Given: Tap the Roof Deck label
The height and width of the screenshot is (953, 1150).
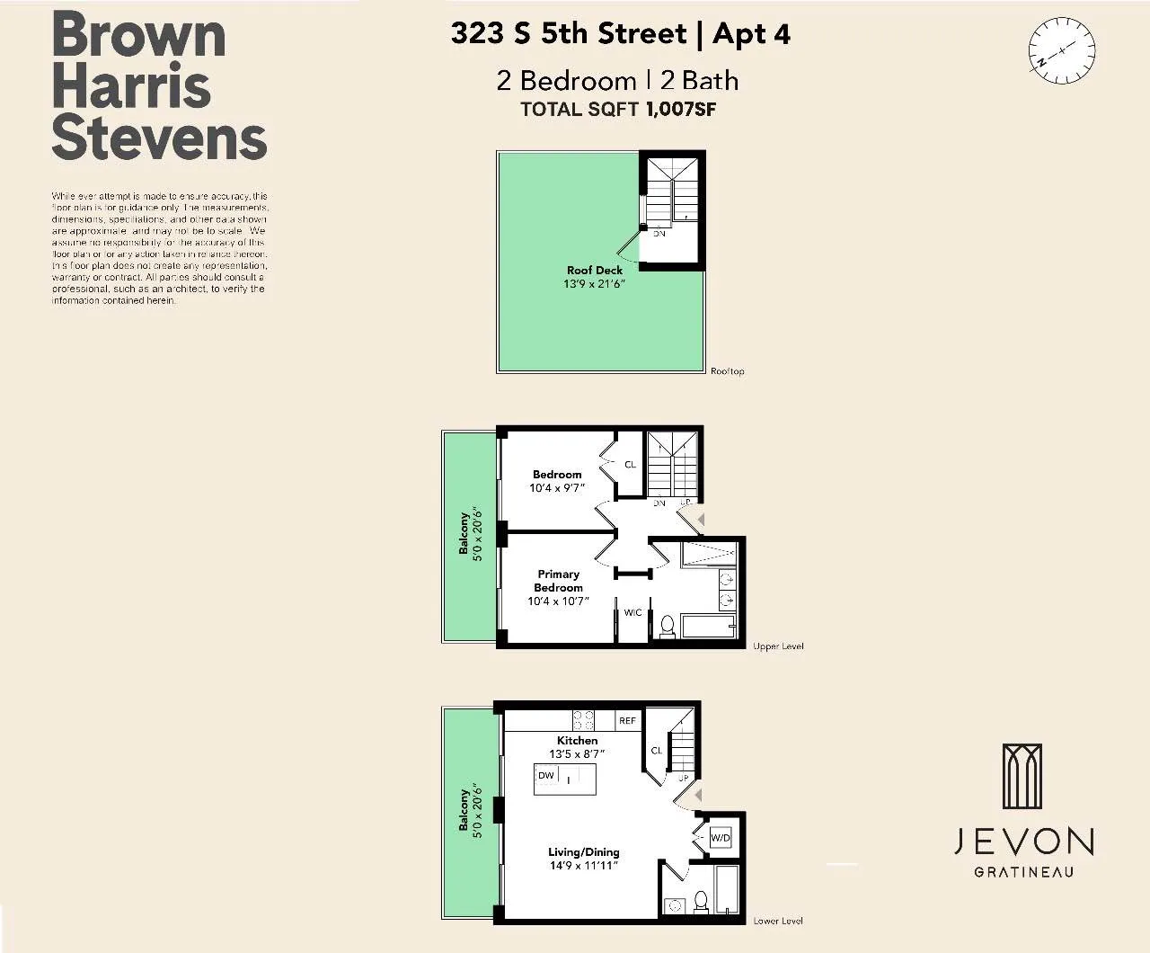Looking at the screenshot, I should pyautogui.click(x=594, y=270).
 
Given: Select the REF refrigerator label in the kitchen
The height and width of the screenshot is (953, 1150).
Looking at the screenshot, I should pyautogui.click(x=627, y=721).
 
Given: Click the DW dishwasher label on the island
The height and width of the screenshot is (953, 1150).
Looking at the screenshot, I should pyautogui.click(x=546, y=775).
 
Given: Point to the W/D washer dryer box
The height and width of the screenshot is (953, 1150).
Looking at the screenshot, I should pyautogui.click(x=721, y=838).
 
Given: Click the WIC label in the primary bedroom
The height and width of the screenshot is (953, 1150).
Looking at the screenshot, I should pyautogui.click(x=632, y=612).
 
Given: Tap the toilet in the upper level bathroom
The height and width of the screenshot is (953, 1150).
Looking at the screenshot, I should pyautogui.click(x=668, y=626).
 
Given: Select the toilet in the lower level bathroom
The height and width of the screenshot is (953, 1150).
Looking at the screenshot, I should pyautogui.click(x=703, y=903).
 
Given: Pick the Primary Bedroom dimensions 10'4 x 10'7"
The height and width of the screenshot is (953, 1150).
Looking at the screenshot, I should pyautogui.click(x=558, y=601).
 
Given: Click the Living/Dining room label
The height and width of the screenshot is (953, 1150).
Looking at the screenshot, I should pyautogui.click(x=584, y=851).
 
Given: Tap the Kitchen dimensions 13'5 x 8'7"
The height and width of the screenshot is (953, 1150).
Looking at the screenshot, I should pyautogui.click(x=577, y=754).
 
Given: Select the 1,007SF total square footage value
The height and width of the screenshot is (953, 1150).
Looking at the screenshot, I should pyautogui.click(x=680, y=110).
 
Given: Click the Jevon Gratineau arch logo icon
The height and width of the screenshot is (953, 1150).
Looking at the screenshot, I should pyautogui.click(x=1022, y=778).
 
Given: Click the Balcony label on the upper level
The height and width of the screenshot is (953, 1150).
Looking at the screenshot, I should pyautogui.click(x=464, y=533).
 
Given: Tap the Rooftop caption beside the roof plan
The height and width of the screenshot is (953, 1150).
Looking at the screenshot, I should pyautogui.click(x=727, y=371).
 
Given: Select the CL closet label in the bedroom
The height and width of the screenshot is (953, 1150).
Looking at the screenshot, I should pyautogui.click(x=630, y=465).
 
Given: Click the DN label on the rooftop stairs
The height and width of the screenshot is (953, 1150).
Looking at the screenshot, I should pyautogui.click(x=659, y=234).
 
